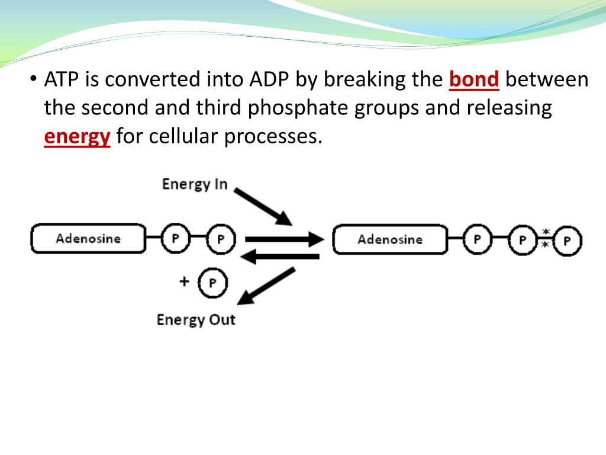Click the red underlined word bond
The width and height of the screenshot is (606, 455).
point(474,79)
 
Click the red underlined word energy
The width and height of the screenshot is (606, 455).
point(77,137)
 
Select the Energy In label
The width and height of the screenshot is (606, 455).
point(195,184)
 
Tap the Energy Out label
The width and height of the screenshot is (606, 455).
point(196,320)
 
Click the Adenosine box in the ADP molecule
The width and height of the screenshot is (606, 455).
point(88,239)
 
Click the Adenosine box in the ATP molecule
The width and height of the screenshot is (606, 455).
point(389,239)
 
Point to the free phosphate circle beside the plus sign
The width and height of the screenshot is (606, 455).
point(212,283)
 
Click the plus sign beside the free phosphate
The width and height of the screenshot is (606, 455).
point(185,281)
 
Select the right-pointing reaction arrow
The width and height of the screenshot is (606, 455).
point(284,239)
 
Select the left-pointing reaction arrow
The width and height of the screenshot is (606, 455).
point(282,257)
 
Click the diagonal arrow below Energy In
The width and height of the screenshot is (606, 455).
point(263,207)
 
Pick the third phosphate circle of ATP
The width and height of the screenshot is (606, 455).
point(567,241)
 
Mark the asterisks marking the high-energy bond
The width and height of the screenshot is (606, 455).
point(545,239)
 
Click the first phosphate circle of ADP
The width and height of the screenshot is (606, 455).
point(176,239)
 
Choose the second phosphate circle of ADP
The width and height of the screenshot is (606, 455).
point(221,239)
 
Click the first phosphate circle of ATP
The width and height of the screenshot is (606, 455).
point(477,239)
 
